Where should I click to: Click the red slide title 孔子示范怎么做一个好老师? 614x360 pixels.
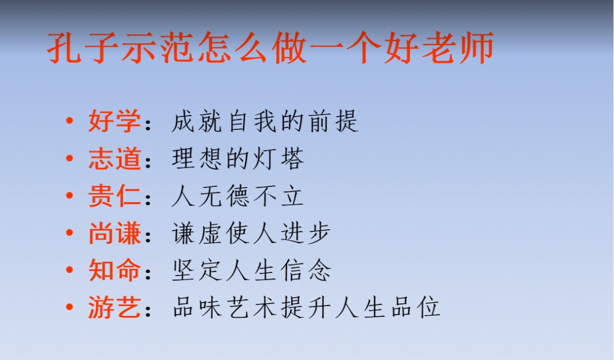pyautogui.click(x=270, y=48)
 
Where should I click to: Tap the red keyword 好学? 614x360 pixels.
pyautogui.click(x=114, y=121)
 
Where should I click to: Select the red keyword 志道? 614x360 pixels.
pyautogui.click(x=114, y=158)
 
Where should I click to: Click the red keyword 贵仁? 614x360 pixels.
pyautogui.click(x=114, y=196)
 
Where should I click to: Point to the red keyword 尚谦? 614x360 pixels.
pyautogui.click(x=114, y=233)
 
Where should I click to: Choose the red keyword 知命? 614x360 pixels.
pyautogui.click(x=114, y=270)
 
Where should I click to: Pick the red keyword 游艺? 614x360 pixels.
pyautogui.click(x=114, y=307)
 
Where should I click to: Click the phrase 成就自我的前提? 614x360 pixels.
pyautogui.click(x=265, y=121)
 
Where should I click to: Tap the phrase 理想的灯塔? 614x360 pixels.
pyautogui.click(x=238, y=158)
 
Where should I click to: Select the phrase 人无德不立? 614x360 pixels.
pyautogui.click(x=238, y=196)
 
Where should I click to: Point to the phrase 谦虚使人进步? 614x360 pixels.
pyautogui.click(x=251, y=233)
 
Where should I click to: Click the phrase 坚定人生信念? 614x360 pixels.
pyautogui.click(x=251, y=270)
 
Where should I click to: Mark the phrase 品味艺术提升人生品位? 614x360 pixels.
pyautogui.click(x=306, y=307)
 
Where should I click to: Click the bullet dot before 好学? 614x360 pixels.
pyautogui.click(x=70, y=121)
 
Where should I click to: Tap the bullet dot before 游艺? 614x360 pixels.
pyautogui.click(x=70, y=307)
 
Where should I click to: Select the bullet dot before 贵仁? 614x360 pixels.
pyautogui.click(x=70, y=195)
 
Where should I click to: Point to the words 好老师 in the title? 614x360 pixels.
pyautogui.click(x=438, y=48)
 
